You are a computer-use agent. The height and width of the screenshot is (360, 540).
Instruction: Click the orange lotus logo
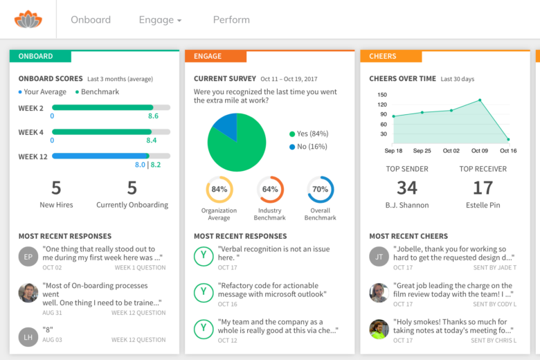[28, 19]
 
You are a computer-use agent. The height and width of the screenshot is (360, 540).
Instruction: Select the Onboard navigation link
[91, 19]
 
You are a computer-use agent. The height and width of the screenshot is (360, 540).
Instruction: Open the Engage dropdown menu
[160, 19]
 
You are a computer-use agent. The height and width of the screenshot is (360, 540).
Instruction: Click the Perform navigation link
[231, 19]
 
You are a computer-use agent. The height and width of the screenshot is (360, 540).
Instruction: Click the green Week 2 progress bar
[102, 107]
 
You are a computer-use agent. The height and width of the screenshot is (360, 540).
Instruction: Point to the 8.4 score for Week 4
[152, 141]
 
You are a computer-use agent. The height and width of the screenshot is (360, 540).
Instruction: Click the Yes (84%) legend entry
[309, 134]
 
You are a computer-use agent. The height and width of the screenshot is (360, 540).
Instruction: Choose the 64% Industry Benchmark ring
[270, 189]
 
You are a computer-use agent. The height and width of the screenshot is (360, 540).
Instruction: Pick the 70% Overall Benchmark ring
[321, 189]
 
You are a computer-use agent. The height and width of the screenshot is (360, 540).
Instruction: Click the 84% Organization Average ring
[219, 189]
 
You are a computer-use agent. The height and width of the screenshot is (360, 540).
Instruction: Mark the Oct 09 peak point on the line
[480, 100]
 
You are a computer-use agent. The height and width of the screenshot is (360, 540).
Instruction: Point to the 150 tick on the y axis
[382, 95]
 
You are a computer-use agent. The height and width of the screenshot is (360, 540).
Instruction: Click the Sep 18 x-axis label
[393, 150]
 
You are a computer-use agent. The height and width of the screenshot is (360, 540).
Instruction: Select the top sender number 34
[407, 187]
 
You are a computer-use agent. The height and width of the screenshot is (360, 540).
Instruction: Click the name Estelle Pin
[483, 205]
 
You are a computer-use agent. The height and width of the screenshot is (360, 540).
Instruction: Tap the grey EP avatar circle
[28, 255]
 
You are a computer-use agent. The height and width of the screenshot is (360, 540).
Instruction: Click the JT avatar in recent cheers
[379, 255]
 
